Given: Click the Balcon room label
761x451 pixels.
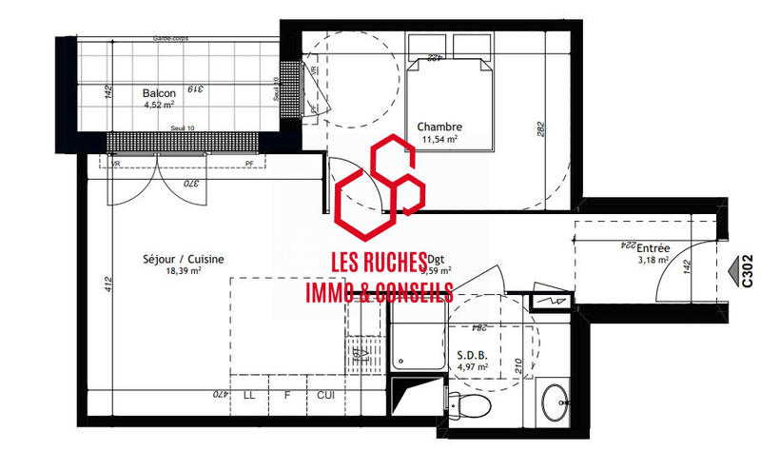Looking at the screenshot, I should point(159,93).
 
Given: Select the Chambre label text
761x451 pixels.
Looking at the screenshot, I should point(439,127).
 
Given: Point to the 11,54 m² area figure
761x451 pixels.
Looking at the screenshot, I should point(439,140).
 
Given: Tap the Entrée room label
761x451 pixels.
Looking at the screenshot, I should point(654,247).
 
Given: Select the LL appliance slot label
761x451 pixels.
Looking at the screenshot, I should point(249,394).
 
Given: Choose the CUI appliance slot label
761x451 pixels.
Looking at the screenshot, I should point(324,394).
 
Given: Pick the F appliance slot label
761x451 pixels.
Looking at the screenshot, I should point(287,394).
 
